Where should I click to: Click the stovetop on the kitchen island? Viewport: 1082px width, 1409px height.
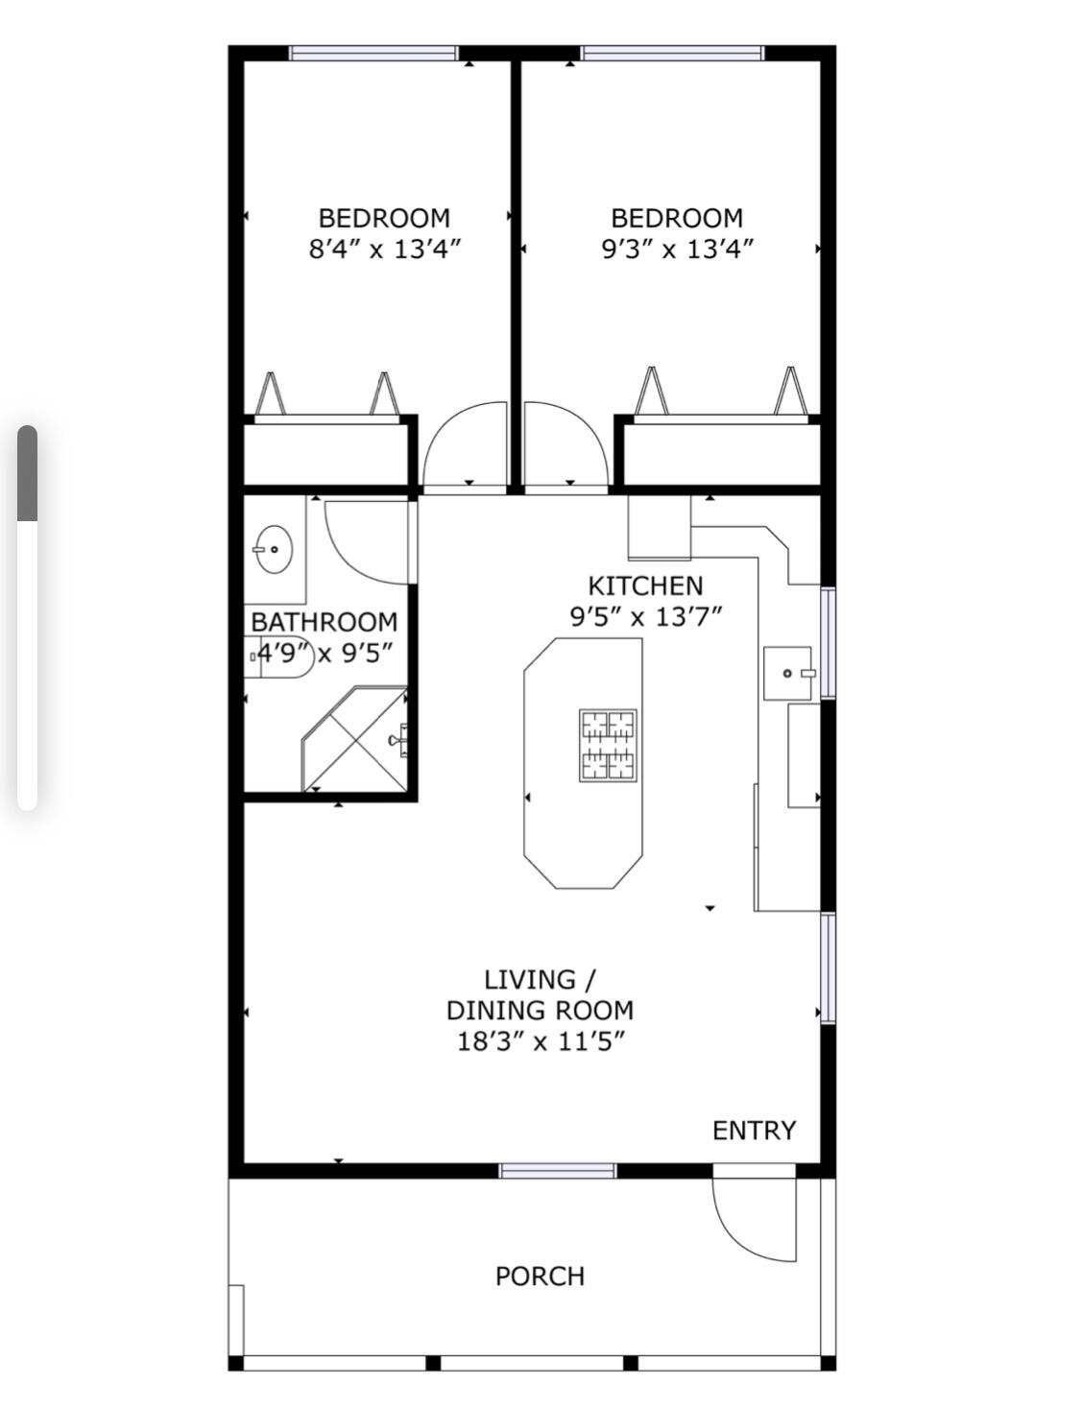click(x=608, y=745)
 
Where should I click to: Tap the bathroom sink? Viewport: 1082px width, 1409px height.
click(x=274, y=550)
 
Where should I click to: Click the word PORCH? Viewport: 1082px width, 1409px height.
click(x=540, y=1276)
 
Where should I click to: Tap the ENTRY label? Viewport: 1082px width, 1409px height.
click(x=754, y=1131)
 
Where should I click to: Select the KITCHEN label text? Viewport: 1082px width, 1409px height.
click(x=645, y=585)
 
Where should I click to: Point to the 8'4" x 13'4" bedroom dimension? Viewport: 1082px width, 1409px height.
click(x=384, y=250)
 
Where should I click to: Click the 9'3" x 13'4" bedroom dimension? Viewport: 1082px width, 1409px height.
click(x=677, y=250)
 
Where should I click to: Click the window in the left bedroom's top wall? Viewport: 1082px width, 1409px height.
click(x=373, y=54)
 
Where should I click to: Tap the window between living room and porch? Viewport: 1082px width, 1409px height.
click(x=557, y=1170)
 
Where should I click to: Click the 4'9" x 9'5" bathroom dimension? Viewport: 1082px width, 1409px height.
click(x=322, y=654)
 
